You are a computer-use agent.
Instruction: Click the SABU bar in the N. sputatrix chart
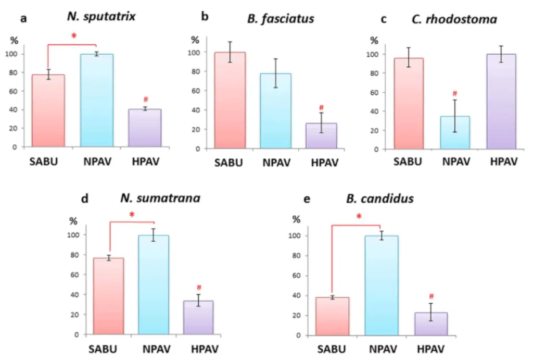click(48, 110)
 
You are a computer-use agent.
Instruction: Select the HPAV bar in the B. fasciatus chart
click(321, 136)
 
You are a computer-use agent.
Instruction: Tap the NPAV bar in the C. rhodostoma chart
click(455, 133)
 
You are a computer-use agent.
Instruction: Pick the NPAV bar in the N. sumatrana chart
click(154, 285)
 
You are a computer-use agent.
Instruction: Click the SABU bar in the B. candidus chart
click(332, 316)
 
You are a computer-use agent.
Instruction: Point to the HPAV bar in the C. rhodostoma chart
click(501, 102)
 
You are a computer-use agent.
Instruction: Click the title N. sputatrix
click(101, 17)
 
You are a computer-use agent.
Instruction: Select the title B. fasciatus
click(281, 19)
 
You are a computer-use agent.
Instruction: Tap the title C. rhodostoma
click(454, 19)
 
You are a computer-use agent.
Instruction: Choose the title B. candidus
click(379, 198)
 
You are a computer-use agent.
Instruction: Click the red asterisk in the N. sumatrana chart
click(132, 215)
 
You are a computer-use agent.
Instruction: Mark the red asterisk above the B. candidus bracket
click(359, 216)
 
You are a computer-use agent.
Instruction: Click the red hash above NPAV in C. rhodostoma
click(455, 93)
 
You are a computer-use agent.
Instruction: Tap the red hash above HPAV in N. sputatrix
click(146, 100)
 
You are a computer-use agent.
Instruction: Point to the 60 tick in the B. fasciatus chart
click(196, 91)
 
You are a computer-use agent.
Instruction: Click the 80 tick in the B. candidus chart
click(296, 255)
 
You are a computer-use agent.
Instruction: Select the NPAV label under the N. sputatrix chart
click(97, 162)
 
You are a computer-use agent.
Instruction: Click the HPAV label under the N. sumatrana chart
click(205, 349)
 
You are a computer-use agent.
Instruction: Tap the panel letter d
click(85, 198)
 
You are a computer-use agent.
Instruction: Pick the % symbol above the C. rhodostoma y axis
click(374, 41)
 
